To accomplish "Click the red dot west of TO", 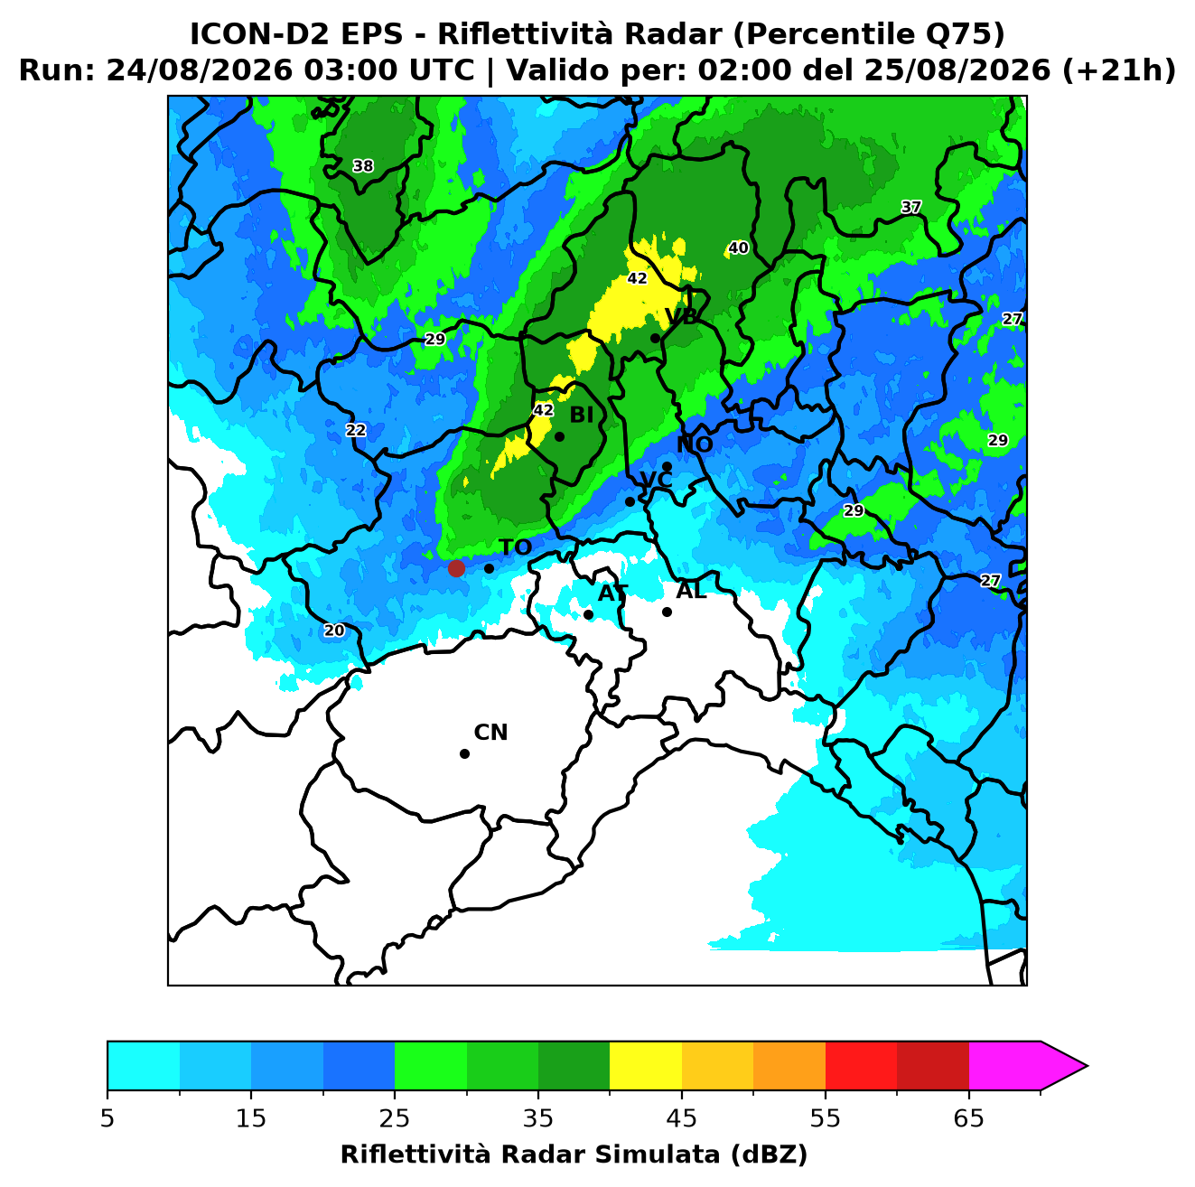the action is point(456,567).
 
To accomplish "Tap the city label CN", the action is point(490,733).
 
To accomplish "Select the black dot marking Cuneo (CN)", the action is point(464,754).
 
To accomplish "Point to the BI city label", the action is point(581,416).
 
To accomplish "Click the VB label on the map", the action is point(681,316).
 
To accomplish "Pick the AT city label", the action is point(612,593).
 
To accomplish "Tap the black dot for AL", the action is point(667,612).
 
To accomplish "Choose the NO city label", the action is point(695,444).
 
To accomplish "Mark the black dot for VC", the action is point(630,501).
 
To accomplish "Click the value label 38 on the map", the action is point(363,165).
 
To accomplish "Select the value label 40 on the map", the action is point(738,248).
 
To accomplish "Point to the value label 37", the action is point(911,207).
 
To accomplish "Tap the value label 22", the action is point(356,430).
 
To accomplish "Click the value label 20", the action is point(334,631).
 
